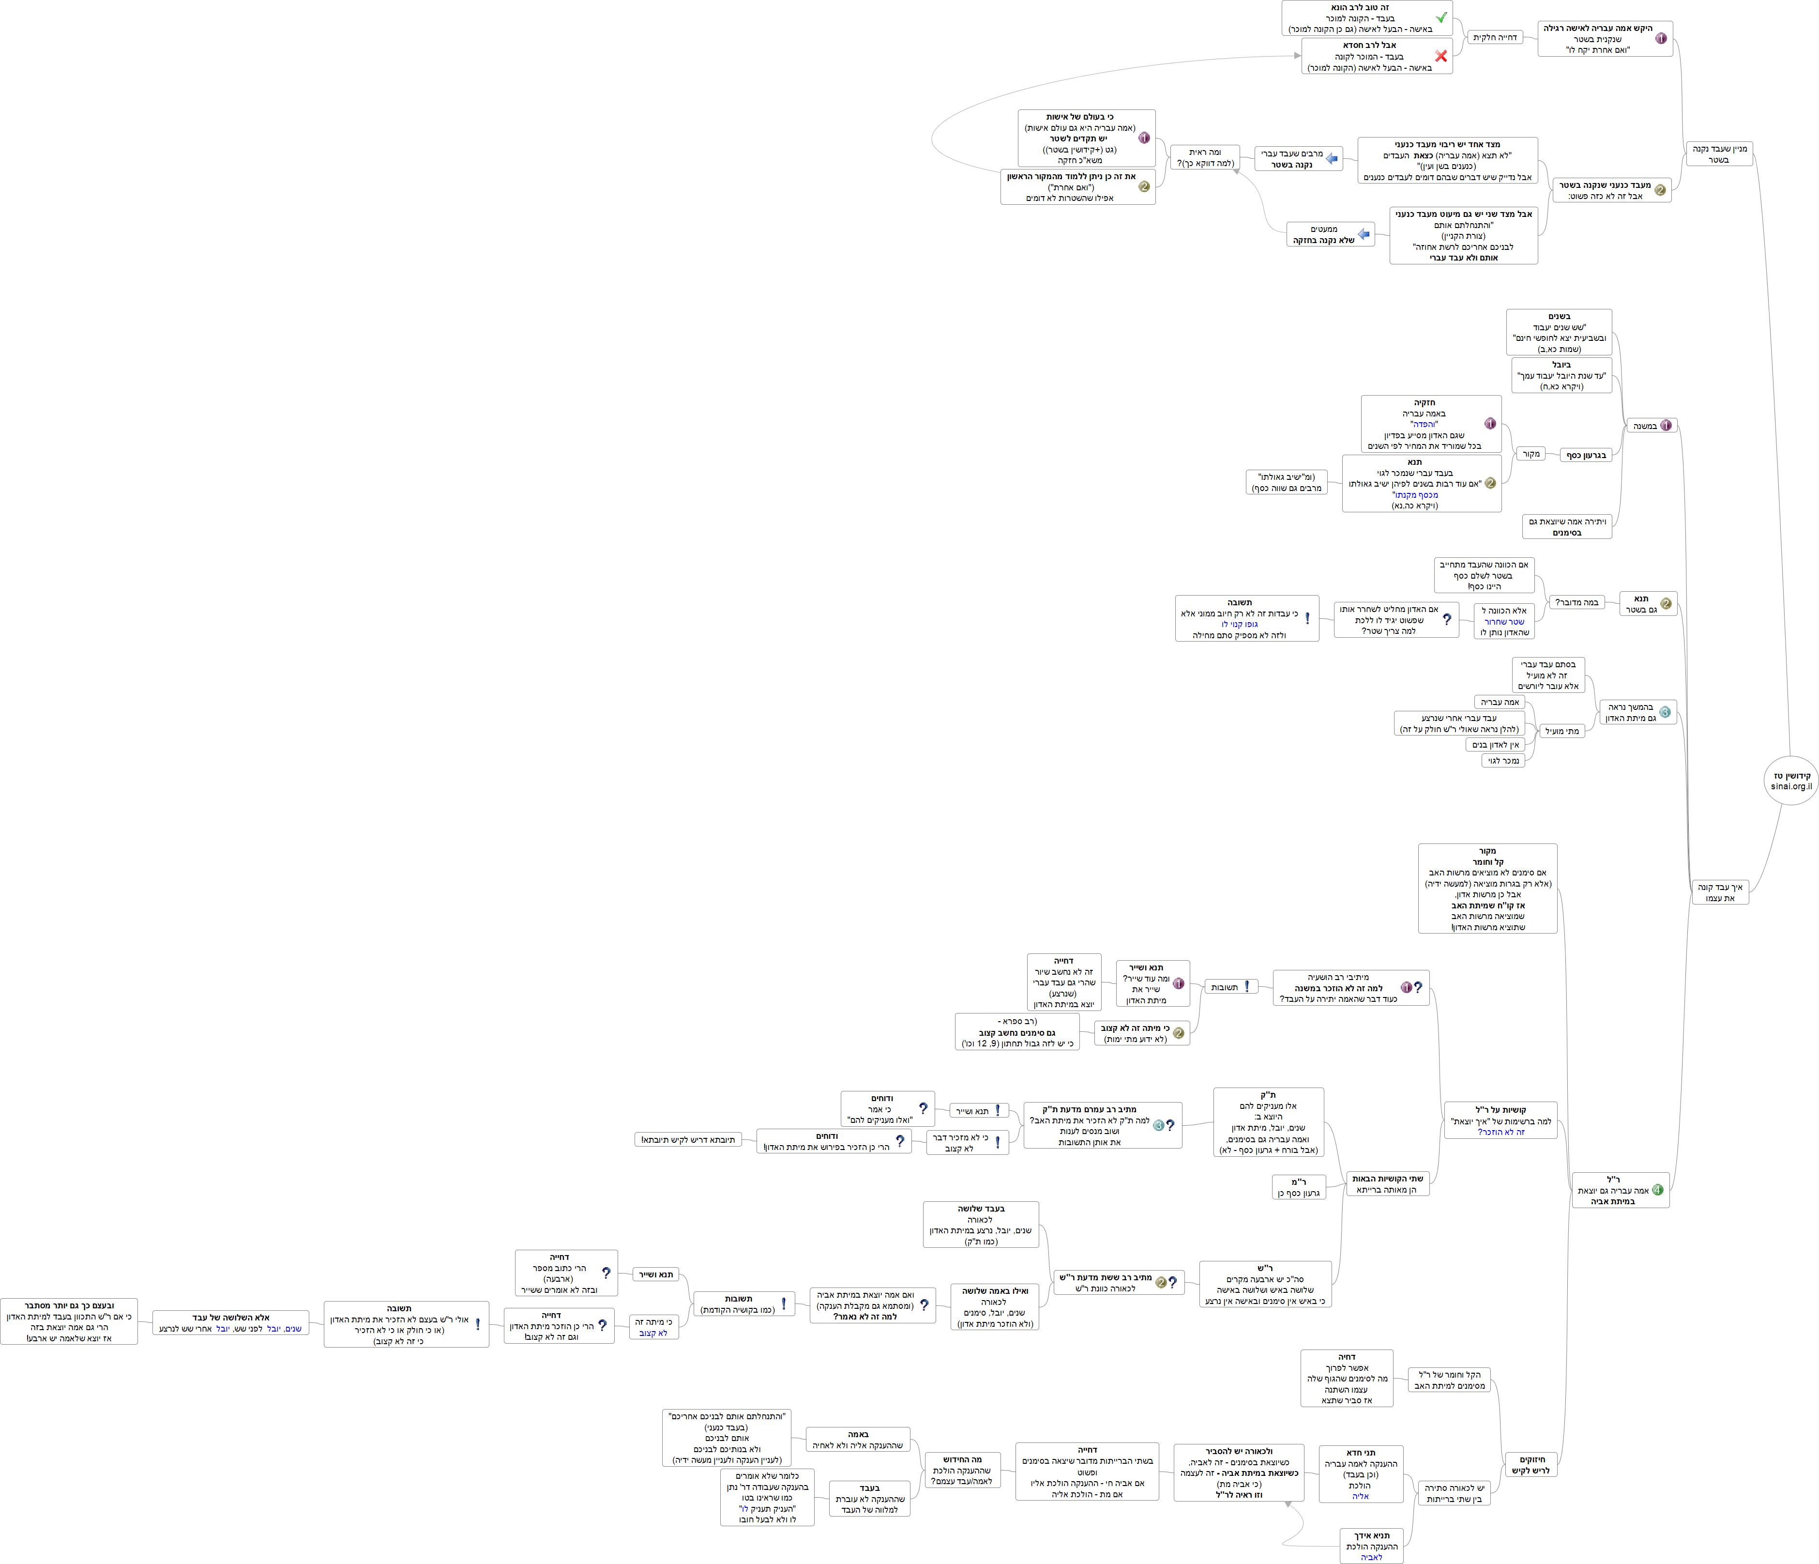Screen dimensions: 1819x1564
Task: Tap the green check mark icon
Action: pos(1440,17)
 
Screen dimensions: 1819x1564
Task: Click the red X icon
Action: pos(1440,56)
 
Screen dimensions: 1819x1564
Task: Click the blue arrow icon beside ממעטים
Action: pos(1364,234)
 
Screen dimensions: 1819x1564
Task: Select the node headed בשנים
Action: pos(1559,332)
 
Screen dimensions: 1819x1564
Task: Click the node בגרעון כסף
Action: pos(1586,455)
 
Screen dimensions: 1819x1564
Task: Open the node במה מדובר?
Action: pos(1576,602)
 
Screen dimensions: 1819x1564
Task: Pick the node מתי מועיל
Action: pos(1562,731)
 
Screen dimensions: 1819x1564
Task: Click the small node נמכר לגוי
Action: pos(1503,761)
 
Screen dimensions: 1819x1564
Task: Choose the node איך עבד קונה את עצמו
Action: pos(1720,892)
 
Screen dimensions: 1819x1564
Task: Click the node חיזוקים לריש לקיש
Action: pos(1531,1465)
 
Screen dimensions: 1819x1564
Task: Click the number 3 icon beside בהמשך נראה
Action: pos(1665,712)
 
